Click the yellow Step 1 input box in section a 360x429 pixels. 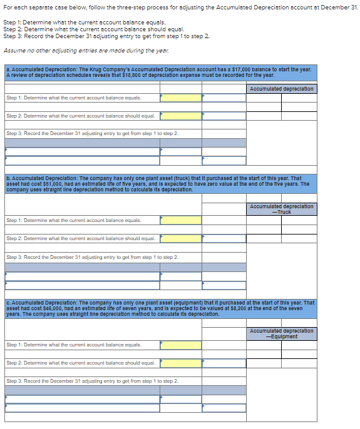[180, 98]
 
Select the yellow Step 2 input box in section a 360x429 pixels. [180, 116]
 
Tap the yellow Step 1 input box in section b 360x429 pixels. [180, 220]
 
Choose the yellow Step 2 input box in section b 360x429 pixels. [180, 238]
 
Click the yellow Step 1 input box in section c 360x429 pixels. [180, 345]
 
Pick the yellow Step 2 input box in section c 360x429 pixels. [180, 363]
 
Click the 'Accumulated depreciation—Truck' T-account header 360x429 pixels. [281, 209]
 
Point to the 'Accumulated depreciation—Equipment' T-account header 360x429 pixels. [281, 333]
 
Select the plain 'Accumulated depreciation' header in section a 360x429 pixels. [281, 89]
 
